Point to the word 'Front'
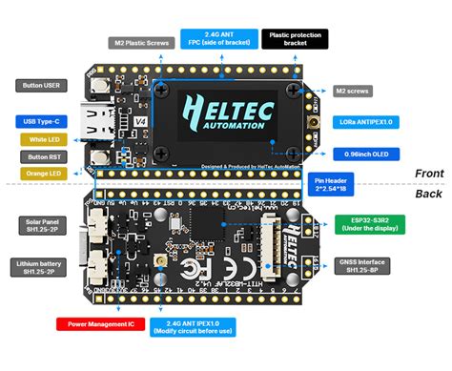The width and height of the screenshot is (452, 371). tap(428, 174)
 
